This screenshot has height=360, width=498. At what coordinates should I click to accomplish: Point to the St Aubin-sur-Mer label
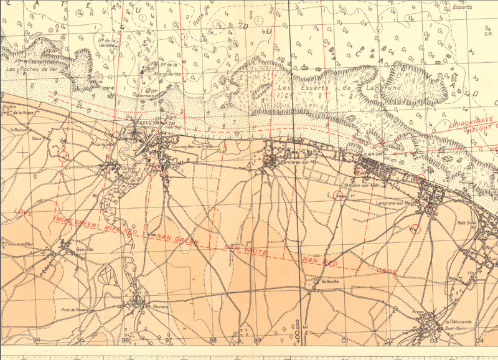click(x=361, y=184)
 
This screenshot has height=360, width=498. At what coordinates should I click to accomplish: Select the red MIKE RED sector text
click(x=121, y=230)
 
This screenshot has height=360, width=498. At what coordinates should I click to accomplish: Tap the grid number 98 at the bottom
click(x=213, y=340)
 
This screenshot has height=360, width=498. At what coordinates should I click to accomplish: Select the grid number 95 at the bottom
click(x=82, y=340)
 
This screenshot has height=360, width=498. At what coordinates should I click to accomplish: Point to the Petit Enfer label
click(x=464, y=222)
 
